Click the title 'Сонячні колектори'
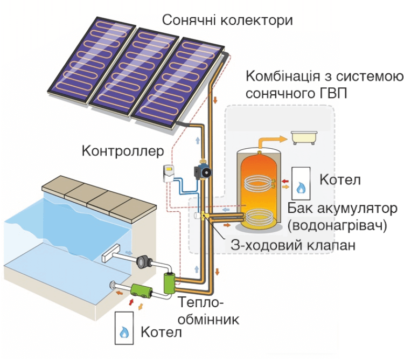(x=227, y=21)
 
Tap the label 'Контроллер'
(x=122, y=151)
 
